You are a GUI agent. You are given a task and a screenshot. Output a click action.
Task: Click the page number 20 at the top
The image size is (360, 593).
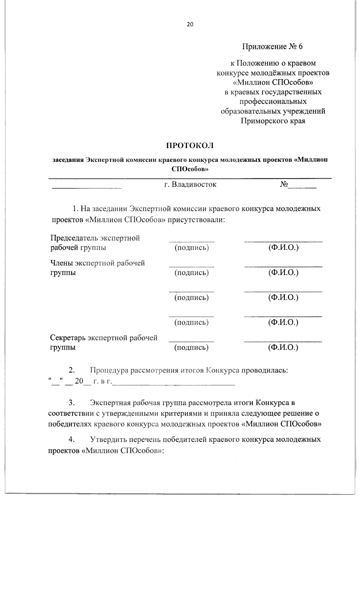coord(190,25)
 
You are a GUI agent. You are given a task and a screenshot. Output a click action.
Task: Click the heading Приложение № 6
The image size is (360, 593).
coord(273,47)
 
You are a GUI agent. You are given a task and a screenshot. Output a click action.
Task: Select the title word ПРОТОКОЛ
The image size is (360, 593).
coord(190,146)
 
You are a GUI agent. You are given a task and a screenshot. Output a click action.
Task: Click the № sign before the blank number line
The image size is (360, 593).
coord(284,184)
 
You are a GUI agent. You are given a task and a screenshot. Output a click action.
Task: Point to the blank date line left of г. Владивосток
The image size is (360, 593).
coord(87,188)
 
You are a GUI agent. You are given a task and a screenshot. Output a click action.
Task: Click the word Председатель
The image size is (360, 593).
coord(74,238)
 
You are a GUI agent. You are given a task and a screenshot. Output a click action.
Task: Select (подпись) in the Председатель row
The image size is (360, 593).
coord(192,248)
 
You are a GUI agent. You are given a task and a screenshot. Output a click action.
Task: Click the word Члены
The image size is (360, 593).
coord(61,263)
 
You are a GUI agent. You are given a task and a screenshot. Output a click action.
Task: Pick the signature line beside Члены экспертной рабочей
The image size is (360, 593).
coord(192,266)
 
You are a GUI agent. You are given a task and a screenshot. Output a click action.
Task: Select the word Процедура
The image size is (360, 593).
coord(107,370)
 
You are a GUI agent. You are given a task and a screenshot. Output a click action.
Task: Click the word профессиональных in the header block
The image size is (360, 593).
coord(273,101)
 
